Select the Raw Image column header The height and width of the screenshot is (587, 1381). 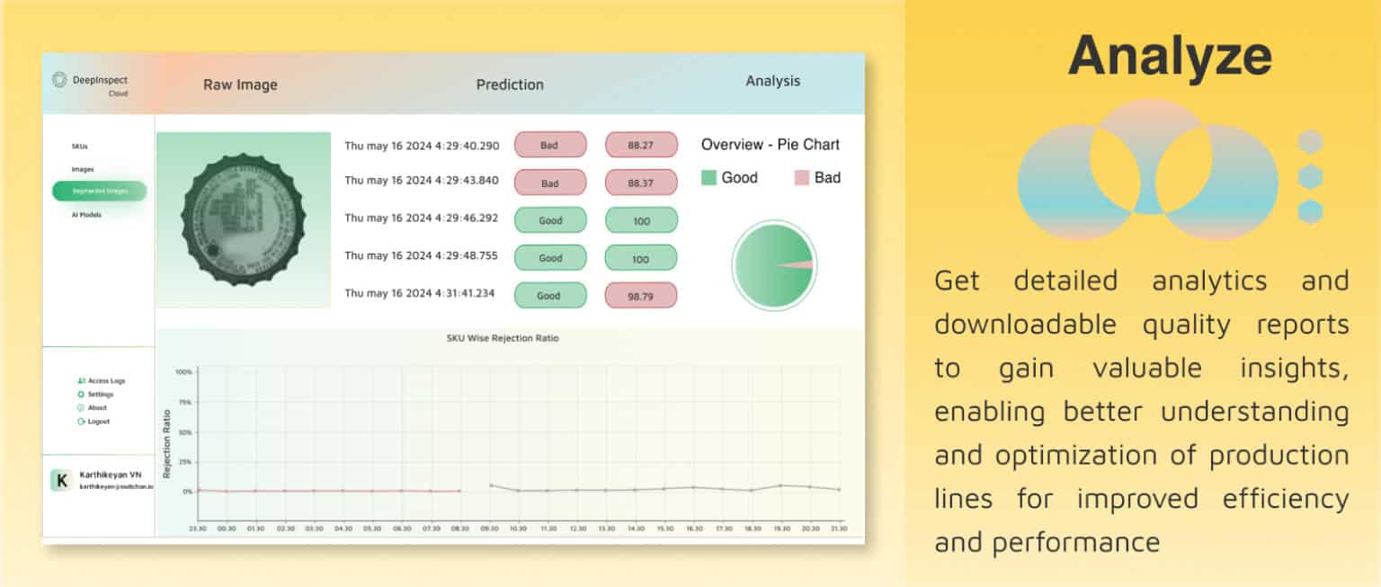pos(240,85)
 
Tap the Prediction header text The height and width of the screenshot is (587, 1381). pos(510,84)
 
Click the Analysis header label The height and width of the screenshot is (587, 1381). pos(772,81)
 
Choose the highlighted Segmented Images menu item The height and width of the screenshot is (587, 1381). pos(99,191)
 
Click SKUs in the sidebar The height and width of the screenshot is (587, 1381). pos(80,146)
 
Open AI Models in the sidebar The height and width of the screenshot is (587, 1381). pos(86,215)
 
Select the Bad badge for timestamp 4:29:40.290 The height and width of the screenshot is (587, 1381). pos(549,145)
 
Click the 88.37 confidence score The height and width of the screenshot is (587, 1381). pos(640,182)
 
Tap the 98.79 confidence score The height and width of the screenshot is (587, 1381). pos(640,296)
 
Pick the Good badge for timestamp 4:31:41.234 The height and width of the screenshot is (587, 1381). pos(549,296)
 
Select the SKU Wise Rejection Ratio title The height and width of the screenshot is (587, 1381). pos(503,338)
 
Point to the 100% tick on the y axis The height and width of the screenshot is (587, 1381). pos(183,371)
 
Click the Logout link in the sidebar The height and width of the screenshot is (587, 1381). pos(98,422)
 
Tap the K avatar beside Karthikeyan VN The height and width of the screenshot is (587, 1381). pos(61,481)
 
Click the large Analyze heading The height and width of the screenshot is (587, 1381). pos(1170,56)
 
